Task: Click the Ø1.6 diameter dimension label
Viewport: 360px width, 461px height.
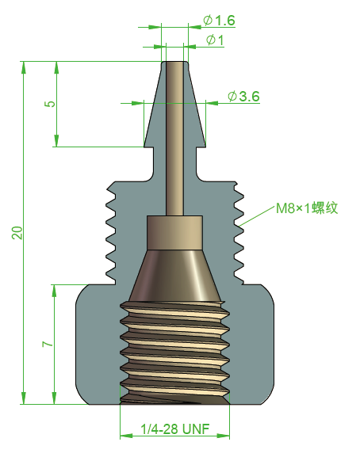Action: (220, 20)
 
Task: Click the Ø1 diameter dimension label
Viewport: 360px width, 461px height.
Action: (215, 40)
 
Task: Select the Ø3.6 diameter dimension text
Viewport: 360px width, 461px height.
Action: (243, 96)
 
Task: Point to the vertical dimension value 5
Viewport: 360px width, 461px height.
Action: (50, 104)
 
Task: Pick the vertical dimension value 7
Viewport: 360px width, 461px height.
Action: (48, 345)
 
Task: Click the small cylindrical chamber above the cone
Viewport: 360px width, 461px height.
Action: (174, 231)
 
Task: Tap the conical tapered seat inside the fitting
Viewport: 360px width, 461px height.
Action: (174, 273)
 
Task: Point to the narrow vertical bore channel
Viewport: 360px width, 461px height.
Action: (174, 143)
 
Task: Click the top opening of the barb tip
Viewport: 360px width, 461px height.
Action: (174, 63)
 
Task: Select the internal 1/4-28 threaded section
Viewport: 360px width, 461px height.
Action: (174, 352)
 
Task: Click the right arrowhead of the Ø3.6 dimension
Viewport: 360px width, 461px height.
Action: (211, 102)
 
